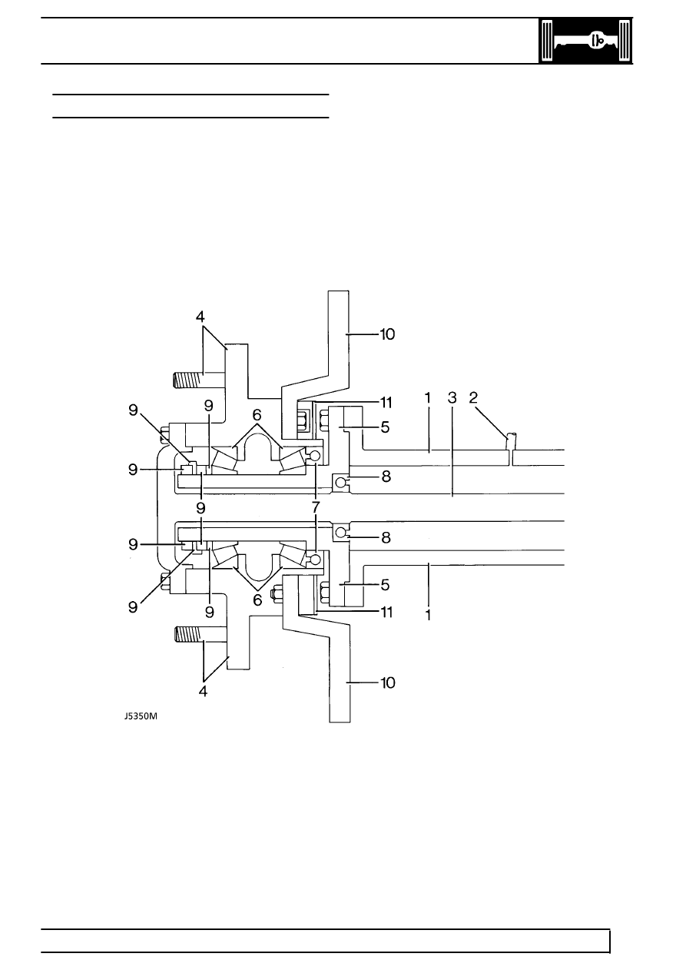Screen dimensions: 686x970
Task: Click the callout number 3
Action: [x=452, y=398]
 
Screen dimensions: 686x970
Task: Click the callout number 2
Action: [x=473, y=397]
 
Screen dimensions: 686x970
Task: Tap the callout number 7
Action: [x=316, y=507]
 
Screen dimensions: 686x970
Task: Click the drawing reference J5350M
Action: [x=141, y=716]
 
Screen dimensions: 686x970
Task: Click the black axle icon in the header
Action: [x=585, y=42]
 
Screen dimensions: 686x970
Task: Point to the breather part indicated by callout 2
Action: [x=512, y=442]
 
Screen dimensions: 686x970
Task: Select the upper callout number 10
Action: [x=387, y=334]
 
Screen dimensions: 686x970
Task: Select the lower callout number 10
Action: [x=388, y=683]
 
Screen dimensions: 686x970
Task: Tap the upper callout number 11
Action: [x=386, y=403]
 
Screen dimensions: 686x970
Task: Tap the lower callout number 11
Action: [x=386, y=613]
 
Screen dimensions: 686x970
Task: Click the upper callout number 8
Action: [x=386, y=477]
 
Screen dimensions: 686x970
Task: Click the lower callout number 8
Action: [x=386, y=537]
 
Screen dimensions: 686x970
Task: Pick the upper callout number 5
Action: [x=385, y=427]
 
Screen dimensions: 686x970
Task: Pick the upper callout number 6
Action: [x=257, y=415]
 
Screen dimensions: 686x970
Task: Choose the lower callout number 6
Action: [x=257, y=600]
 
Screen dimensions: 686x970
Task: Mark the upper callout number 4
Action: [x=200, y=317]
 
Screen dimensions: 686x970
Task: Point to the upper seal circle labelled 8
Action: [x=340, y=481]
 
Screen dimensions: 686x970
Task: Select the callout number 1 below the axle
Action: [x=428, y=615]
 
